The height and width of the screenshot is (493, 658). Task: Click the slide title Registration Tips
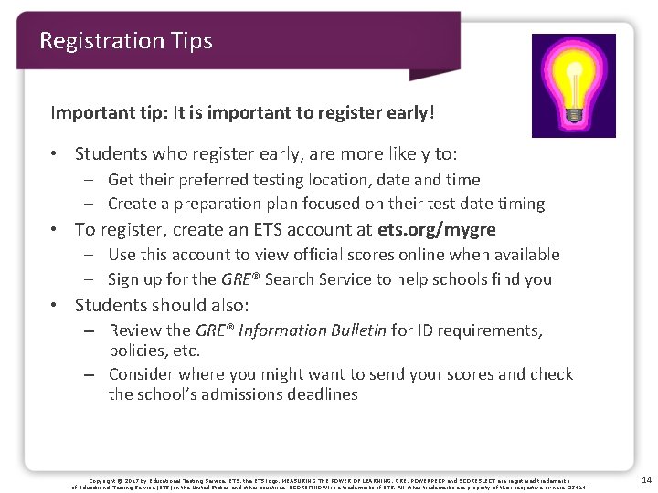[126, 41]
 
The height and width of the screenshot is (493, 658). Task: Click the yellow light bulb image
[574, 85]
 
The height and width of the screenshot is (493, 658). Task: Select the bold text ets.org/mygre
[441, 230]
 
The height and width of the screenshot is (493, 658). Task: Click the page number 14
[646, 479]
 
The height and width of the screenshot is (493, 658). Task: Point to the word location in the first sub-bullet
[385, 180]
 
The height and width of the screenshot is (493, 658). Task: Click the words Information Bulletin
[310, 330]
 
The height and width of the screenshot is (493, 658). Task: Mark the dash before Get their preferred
[94, 180]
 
